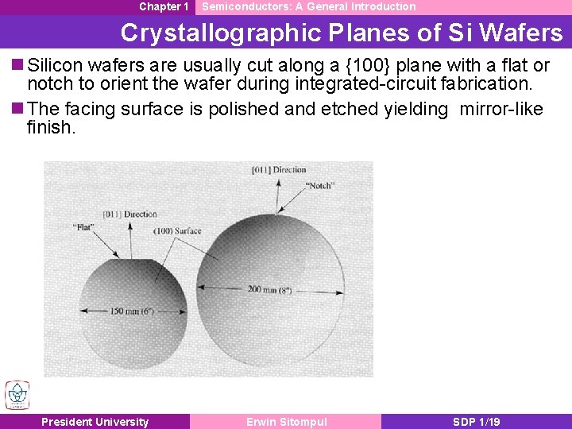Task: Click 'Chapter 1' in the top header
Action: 164,6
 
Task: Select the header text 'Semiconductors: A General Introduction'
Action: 309,6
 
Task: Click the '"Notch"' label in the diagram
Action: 320,185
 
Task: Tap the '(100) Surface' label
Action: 178,231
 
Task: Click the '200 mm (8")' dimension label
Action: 269,290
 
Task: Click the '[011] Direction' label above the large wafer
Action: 279,169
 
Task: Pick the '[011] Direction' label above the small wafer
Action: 130,214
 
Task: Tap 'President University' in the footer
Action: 95,422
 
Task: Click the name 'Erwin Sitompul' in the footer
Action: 286,422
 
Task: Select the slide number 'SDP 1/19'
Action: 477,422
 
